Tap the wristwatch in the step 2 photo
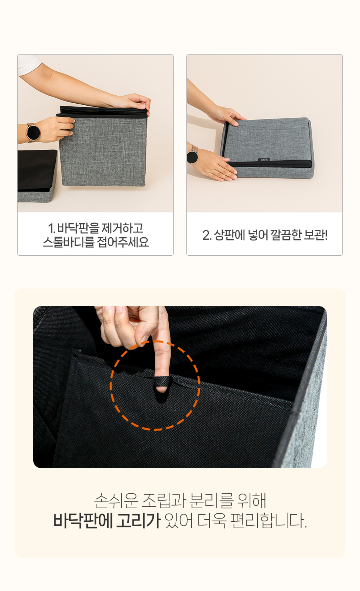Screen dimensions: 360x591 [x=192, y=156]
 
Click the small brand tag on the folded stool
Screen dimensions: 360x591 [x=264, y=160]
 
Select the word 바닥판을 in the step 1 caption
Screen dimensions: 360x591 [x=78, y=228]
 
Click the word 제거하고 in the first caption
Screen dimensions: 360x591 [x=122, y=228]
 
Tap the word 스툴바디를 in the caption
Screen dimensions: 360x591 [x=68, y=242]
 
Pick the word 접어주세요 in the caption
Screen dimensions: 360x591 [x=123, y=242]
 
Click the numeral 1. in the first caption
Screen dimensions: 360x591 [x=52, y=228]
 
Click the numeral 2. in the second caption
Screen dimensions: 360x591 [x=207, y=235]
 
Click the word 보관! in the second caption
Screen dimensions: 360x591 [x=316, y=235]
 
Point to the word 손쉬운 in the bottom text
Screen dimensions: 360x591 [x=116, y=501]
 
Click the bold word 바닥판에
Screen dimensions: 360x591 [x=83, y=521]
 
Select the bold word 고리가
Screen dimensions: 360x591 [x=138, y=521]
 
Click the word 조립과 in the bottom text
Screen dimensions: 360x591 [x=164, y=501]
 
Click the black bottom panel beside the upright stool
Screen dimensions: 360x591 [x=37, y=170]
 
